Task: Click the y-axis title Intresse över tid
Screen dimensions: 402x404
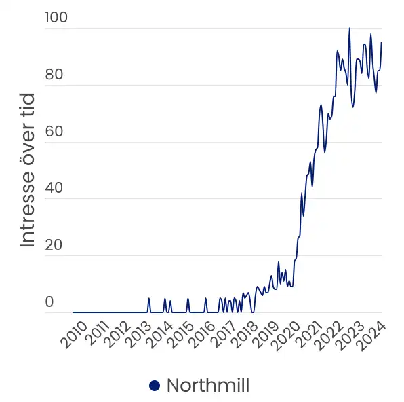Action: [28, 170]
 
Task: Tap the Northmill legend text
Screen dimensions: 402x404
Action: [208, 386]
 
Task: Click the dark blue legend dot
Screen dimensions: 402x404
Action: [155, 386]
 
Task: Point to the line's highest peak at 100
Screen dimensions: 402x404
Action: [349, 29]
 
